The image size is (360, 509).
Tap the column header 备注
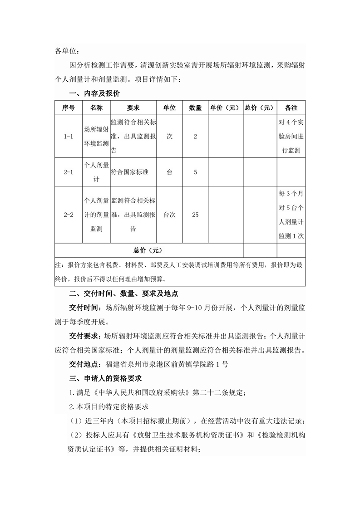coord(291,108)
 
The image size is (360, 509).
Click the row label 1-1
coord(69,136)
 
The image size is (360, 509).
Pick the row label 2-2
coord(69,215)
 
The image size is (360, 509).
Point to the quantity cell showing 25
coord(195,215)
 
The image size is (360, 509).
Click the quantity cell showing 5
coord(195,172)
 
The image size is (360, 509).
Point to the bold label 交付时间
coord(84,308)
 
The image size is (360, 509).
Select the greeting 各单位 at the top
coord(66,50)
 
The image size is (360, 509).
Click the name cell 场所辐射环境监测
coord(96,136)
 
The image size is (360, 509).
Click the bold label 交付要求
coord(84,336)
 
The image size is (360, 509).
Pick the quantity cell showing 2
coord(195,136)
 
